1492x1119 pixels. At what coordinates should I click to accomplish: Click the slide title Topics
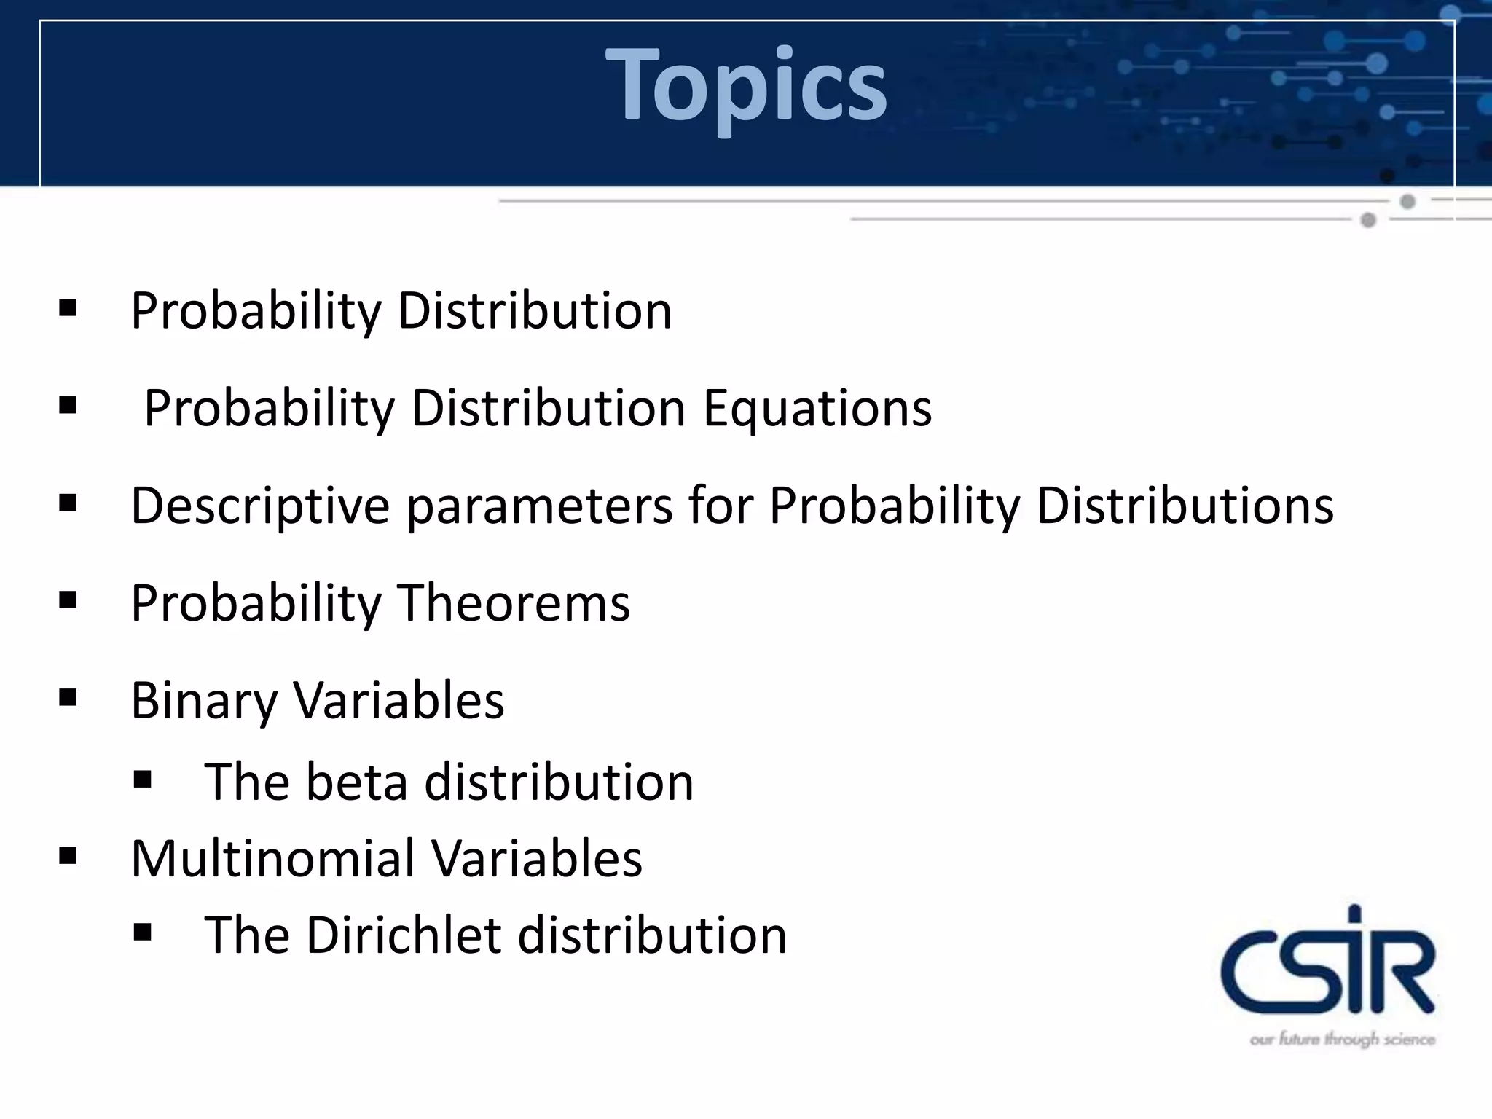tap(746, 84)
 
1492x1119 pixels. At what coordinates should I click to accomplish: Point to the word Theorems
tap(513, 603)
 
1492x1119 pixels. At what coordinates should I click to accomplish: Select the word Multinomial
tap(272, 858)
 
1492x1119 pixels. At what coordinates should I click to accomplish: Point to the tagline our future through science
tap(1342, 1039)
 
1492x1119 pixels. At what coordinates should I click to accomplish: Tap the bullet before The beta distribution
tap(142, 780)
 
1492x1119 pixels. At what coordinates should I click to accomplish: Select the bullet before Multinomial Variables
tap(68, 855)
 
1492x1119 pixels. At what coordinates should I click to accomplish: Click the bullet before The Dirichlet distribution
tap(142, 932)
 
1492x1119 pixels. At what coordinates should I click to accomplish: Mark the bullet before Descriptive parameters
tap(68, 503)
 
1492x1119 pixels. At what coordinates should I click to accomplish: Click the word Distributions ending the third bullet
tap(1185, 506)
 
